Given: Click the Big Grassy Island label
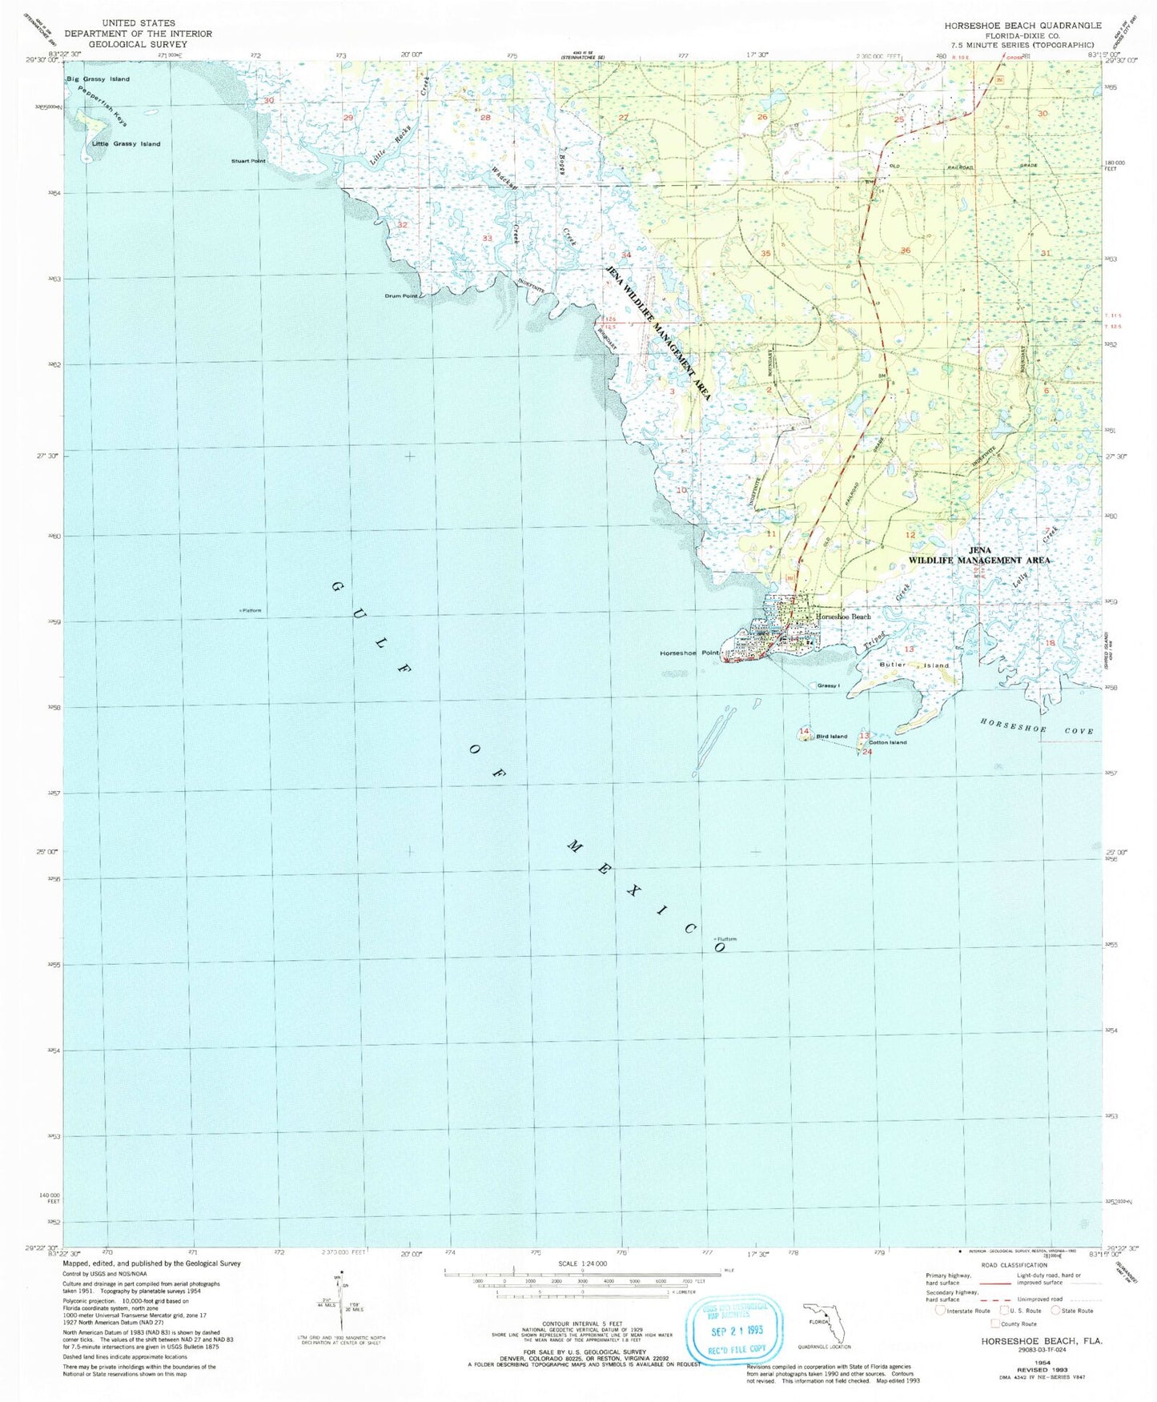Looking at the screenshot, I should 98,79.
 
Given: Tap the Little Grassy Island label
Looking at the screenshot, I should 126,144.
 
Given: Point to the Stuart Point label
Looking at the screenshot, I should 248,161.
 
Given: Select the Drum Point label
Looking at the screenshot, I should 401,296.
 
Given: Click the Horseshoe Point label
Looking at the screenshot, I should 689,653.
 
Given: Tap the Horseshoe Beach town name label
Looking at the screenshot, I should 843,617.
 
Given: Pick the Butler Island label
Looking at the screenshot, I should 914,665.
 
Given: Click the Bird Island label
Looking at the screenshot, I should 831,737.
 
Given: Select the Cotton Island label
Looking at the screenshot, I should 887,742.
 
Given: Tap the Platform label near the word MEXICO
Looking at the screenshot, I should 726,939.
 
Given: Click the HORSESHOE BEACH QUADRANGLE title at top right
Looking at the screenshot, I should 1022,26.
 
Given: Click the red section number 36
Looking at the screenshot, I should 906,251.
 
